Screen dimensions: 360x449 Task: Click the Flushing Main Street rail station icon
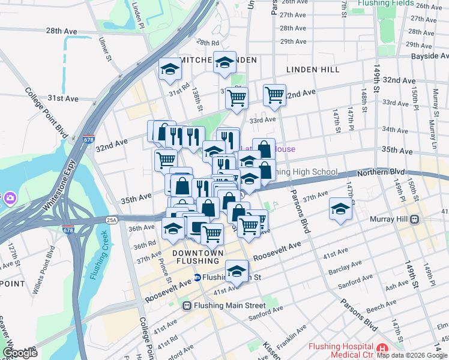click(x=187, y=305)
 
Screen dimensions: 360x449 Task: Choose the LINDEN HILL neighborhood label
click(x=313, y=70)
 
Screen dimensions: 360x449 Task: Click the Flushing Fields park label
click(x=385, y=3)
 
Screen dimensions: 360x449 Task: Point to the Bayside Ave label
click(x=431, y=56)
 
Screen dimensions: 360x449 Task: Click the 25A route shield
click(x=112, y=220)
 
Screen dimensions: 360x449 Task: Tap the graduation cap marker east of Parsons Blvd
click(x=340, y=209)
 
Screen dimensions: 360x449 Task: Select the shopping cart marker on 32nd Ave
click(x=274, y=94)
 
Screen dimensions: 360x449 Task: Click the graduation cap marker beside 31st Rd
click(x=170, y=68)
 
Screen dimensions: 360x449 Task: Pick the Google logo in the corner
click(x=19, y=352)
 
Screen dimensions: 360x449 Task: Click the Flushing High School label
click(x=305, y=172)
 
